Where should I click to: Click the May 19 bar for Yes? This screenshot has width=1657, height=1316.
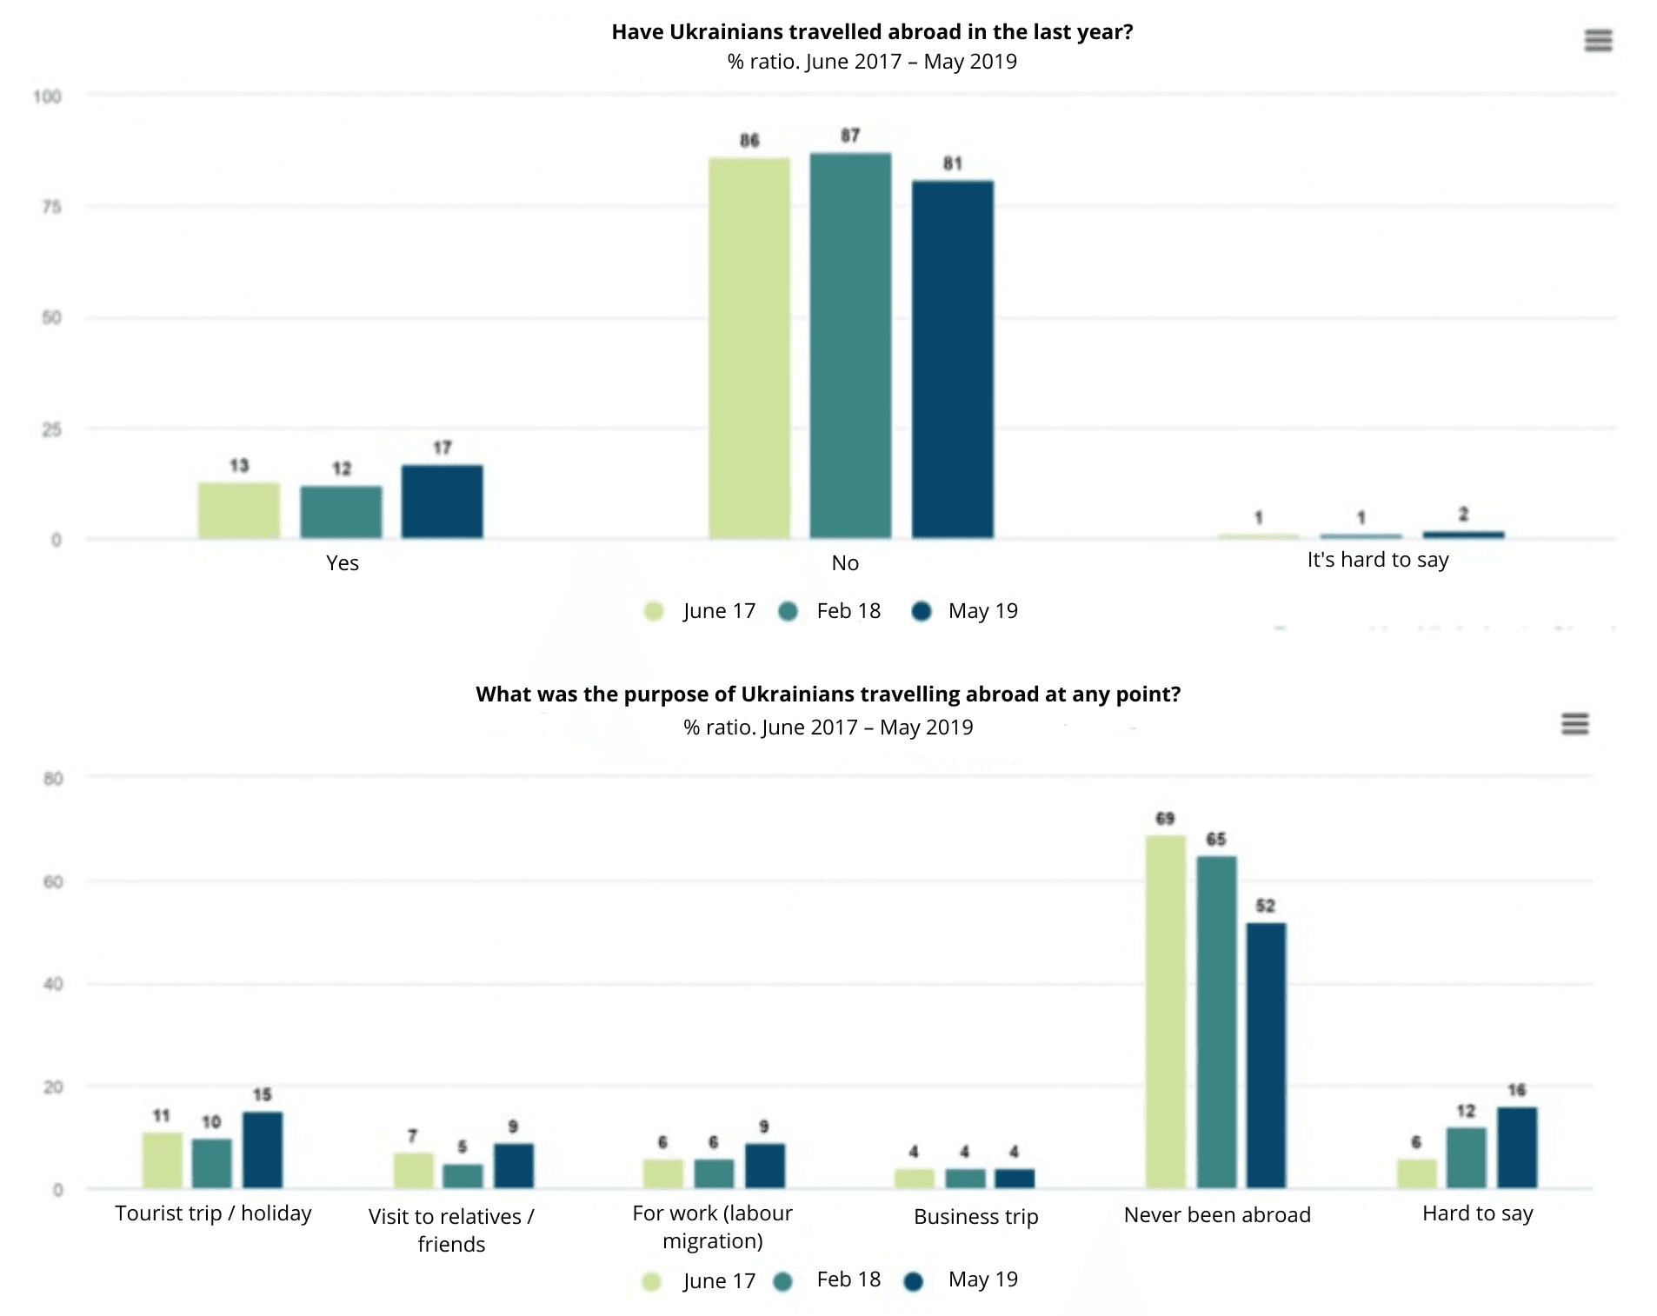[x=442, y=502]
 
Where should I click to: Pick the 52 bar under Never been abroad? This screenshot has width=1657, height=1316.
[x=1266, y=1055]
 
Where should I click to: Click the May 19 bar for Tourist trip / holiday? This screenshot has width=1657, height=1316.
[x=263, y=1149]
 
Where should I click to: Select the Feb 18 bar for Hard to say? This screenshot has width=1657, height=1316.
[x=1466, y=1158]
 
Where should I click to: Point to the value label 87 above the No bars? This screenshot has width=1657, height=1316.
[x=850, y=136]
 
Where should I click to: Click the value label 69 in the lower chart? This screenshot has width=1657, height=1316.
[x=1165, y=818]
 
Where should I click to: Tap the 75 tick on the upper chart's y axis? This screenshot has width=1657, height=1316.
[x=52, y=207]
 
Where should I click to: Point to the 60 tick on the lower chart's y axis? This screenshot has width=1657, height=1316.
[x=53, y=881]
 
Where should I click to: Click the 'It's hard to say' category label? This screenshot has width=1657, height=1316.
[x=1378, y=560]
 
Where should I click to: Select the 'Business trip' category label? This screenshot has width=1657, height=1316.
[x=975, y=1216]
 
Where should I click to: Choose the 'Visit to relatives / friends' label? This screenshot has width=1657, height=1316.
[x=451, y=1230]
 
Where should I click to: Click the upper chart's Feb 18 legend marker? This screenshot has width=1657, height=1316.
[x=789, y=612]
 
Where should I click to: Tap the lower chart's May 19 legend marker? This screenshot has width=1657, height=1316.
[x=914, y=1281]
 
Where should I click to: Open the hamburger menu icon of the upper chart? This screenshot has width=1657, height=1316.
[x=1598, y=41]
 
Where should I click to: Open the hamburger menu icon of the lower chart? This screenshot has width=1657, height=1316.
[x=1574, y=723]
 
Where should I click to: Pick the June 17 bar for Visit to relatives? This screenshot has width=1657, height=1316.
[x=413, y=1170]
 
